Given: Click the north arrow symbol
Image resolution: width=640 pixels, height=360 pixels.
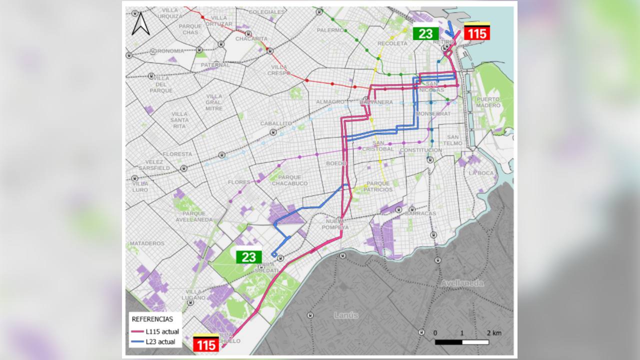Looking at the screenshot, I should pyautogui.click(x=140, y=23).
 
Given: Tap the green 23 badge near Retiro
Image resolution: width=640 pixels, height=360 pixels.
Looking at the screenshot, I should pyautogui.click(x=425, y=33).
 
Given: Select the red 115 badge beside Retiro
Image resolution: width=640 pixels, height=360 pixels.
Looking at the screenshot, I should pyautogui.click(x=477, y=33).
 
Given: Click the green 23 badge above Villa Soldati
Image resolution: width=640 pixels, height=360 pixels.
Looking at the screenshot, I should pyautogui.click(x=248, y=257).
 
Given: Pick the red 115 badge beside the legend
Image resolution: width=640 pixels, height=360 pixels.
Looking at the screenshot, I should pyautogui.click(x=206, y=344).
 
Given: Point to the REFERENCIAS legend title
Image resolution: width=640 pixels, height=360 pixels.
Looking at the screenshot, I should pyautogui.click(x=152, y=319).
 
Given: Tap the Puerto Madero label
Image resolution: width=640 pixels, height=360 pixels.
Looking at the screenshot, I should pyautogui.click(x=488, y=102).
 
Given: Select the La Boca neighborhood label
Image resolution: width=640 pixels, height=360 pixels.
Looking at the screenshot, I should pyautogui.click(x=481, y=173).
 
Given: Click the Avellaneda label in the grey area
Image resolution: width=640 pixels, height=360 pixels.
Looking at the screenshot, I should pyautogui.click(x=461, y=283).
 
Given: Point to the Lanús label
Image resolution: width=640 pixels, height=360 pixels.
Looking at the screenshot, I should pyautogui.click(x=346, y=315).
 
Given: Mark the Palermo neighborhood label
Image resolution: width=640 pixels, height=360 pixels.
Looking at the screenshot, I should pyautogui.click(x=330, y=30).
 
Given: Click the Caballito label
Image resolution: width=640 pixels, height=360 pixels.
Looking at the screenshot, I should pyautogui.click(x=276, y=123).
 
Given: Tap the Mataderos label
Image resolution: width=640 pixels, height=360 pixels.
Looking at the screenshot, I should pyautogui.click(x=147, y=243).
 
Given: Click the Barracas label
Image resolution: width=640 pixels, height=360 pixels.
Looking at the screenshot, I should pyautogui.click(x=420, y=213).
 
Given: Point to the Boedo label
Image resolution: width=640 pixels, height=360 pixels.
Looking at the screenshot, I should pyautogui.click(x=336, y=163).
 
